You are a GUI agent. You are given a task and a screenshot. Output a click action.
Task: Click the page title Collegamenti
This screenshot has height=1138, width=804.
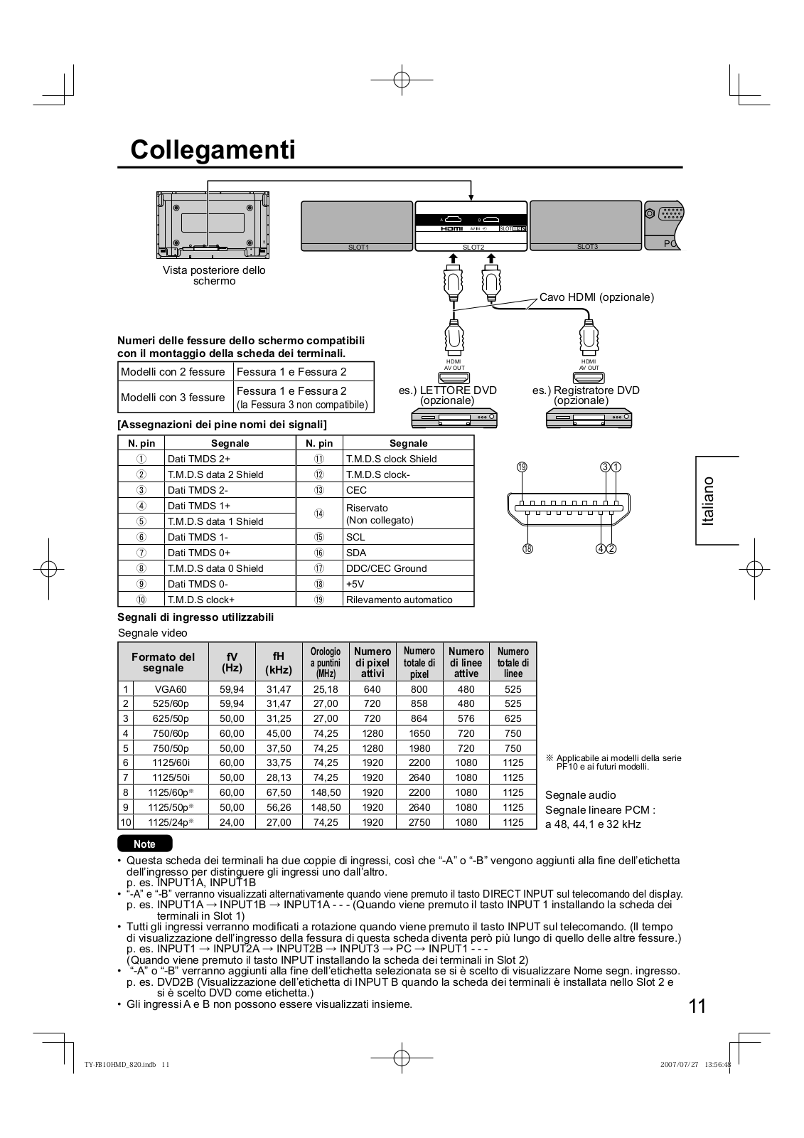213,150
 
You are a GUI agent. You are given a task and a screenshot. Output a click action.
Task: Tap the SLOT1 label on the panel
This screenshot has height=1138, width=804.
358,247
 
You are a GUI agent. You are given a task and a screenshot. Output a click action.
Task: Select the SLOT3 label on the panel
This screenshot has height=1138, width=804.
587,246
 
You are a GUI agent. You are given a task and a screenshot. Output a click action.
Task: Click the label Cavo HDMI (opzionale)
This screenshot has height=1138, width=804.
596,297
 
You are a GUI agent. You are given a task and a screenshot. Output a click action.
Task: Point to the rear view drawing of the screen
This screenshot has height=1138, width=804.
214,224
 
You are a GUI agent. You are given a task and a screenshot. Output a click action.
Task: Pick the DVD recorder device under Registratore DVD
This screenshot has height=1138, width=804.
589,418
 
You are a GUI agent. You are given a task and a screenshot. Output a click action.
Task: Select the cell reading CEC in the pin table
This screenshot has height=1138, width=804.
356,490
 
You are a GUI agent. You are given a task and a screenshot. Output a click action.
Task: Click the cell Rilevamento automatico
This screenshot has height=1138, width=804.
399,600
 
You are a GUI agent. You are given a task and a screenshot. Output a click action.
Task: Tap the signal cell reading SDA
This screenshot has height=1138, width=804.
355,553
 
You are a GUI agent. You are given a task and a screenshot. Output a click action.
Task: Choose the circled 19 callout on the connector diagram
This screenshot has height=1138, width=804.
522,467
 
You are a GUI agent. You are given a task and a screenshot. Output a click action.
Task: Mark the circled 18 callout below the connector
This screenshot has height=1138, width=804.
528,548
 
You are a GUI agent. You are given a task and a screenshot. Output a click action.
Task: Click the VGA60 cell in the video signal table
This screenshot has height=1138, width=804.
170,688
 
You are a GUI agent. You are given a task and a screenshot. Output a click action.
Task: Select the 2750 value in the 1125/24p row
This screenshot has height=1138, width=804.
419,822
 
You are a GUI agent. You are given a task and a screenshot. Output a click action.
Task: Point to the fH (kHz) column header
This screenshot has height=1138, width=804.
279,662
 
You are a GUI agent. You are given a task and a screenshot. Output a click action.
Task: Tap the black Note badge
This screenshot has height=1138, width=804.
145,844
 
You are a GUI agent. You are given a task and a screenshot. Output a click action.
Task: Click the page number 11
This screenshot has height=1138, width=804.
697,1006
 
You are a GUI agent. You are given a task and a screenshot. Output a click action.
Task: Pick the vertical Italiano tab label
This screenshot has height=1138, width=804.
708,501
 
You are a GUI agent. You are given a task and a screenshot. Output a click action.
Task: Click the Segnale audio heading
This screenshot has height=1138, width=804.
580,795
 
